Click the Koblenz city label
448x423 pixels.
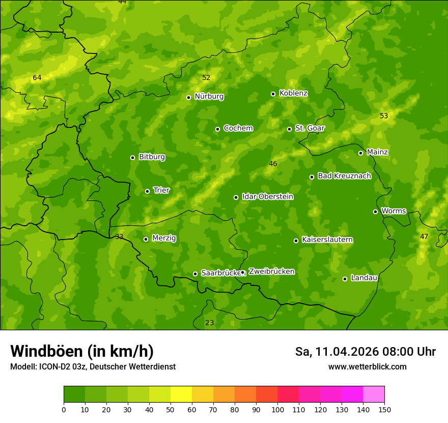click(x=293, y=93)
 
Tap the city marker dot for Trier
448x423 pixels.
click(x=148, y=191)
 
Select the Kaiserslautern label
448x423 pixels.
click(x=327, y=240)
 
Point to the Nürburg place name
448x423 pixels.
click(x=209, y=96)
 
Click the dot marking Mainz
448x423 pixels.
click(x=360, y=153)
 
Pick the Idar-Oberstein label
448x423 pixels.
click(x=267, y=196)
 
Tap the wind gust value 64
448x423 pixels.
click(x=37, y=78)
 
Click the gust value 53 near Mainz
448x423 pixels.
click(x=384, y=116)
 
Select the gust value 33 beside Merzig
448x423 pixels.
click(x=119, y=237)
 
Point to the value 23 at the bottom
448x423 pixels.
click(x=209, y=323)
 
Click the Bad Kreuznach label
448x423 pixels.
click(x=344, y=176)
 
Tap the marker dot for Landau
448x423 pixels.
click(x=345, y=279)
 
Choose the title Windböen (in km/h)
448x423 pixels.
click(x=82, y=351)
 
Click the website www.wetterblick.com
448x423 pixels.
click(x=368, y=366)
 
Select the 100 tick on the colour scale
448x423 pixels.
click(x=277, y=409)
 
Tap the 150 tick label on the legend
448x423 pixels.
click(x=384, y=409)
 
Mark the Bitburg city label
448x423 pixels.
click(x=152, y=157)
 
